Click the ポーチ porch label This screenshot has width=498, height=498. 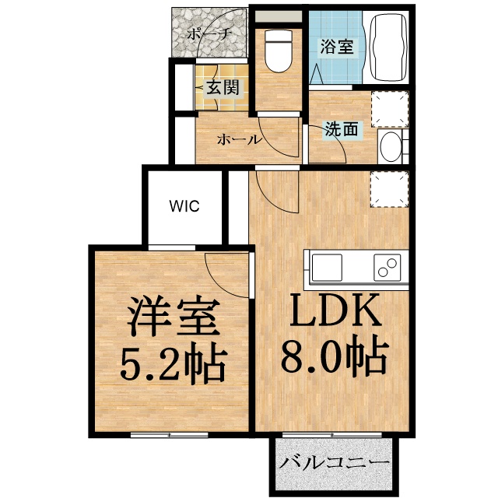pos(209,33)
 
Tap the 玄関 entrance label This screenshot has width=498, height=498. pos(223,87)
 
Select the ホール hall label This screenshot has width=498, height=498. pos(239,140)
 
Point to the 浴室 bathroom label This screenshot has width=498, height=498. pos(336,45)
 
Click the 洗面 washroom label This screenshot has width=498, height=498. pos(342,129)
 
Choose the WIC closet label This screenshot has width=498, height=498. pos(186,206)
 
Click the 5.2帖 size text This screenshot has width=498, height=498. pos(173,361)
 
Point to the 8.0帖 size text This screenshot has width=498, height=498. pos(335,358)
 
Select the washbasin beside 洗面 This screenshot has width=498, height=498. pos(392,146)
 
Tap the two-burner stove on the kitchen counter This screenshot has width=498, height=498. pos(385,267)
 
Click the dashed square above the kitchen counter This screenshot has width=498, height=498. pos(389,189)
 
